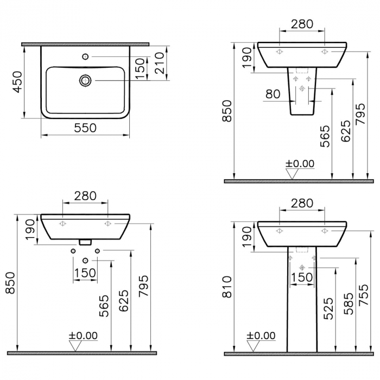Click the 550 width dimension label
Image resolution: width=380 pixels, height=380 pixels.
tap(85, 128)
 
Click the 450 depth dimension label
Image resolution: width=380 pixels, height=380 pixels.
tap(17, 82)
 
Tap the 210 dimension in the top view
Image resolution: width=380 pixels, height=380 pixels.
tap(160, 63)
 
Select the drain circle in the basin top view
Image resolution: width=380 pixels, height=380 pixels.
tap(85, 80)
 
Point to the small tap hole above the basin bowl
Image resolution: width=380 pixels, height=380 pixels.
tap(85, 56)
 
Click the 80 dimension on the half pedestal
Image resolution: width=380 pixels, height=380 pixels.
tap(273, 94)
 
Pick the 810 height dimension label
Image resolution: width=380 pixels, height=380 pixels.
tap(227, 287)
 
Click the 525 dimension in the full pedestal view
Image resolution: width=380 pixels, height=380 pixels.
tap(328, 308)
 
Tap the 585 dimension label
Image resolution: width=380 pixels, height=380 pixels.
tap(349, 303)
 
